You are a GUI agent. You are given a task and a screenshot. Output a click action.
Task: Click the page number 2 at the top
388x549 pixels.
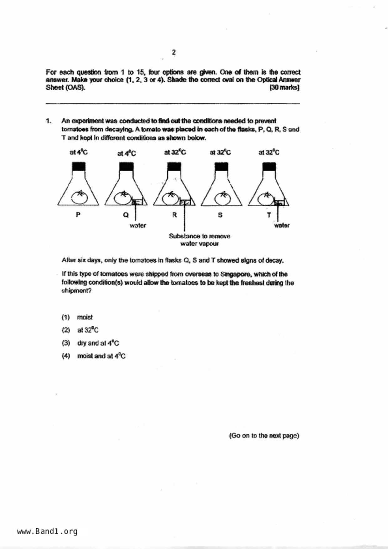click(174, 52)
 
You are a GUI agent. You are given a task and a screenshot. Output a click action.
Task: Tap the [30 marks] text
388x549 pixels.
click(284, 88)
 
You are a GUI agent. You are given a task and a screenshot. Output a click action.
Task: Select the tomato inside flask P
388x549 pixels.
click(79, 197)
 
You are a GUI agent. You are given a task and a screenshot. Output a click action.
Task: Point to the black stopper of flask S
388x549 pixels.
click(221, 167)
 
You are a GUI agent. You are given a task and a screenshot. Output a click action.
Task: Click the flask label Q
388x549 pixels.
click(126, 215)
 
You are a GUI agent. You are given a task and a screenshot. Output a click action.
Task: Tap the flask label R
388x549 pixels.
click(174, 215)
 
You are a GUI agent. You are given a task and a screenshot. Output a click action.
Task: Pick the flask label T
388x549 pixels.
click(269, 215)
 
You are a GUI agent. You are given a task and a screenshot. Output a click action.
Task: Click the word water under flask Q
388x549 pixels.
click(138, 225)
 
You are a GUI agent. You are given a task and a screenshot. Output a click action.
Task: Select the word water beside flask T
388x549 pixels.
click(282, 225)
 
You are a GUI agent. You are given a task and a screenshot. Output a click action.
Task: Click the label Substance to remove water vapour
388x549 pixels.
click(199, 240)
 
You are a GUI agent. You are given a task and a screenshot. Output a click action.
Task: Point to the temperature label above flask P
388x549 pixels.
click(79, 152)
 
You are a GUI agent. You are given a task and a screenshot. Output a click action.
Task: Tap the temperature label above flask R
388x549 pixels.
click(175, 152)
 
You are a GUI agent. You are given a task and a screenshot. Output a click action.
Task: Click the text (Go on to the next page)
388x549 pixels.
click(264, 436)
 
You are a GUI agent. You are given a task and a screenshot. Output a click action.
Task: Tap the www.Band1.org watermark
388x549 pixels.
click(47, 531)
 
